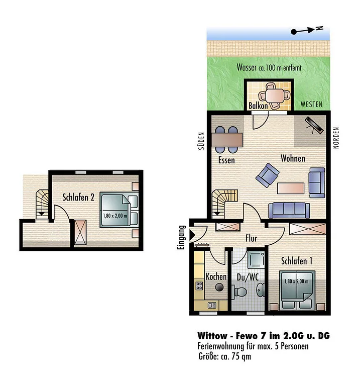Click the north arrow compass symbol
coord(307,30)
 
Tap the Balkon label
coord(258,106)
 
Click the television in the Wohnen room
coord(314,125)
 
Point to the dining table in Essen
coord(227,140)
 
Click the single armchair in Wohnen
coord(267,175)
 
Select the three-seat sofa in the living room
coord(289,211)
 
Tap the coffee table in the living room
coord(291,188)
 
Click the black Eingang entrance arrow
coord(192,235)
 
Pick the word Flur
coord(251,238)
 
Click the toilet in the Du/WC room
coord(240,292)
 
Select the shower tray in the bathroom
coord(256,260)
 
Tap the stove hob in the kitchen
coord(199,286)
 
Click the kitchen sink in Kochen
coord(212,305)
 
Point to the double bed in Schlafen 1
coord(297,290)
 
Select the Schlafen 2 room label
coord(78,197)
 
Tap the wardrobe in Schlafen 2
coord(80,232)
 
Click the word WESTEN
coord(311,105)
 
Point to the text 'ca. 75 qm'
coord(236,356)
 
